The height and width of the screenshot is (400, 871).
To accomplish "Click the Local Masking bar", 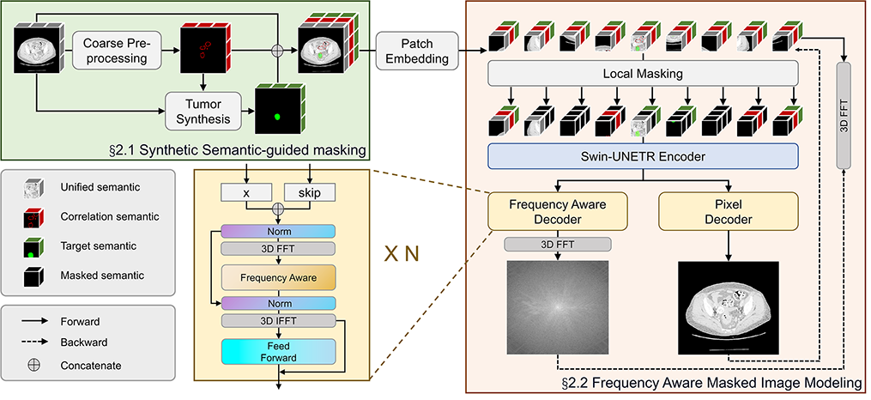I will click(x=642, y=74).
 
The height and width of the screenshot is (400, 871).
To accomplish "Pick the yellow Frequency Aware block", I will click(x=276, y=277).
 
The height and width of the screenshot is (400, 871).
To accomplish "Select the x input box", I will click(x=246, y=194).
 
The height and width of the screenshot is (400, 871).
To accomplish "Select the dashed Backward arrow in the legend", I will click(x=35, y=343).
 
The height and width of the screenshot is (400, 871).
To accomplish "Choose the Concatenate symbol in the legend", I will click(x=35, y=365).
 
